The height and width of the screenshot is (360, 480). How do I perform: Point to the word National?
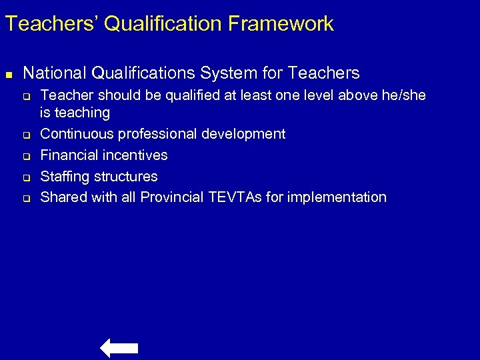(x=51, y=72)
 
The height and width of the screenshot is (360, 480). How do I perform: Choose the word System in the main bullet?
(x=230, y=72)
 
